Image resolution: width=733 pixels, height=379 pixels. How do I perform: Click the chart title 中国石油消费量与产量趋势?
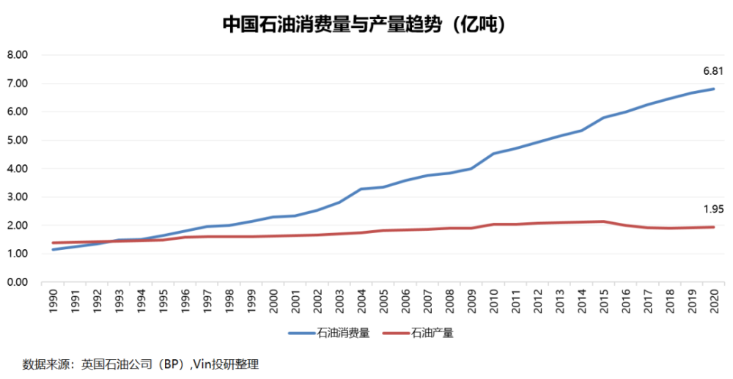(332, 25)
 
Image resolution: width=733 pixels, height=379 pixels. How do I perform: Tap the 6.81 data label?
(713, 71)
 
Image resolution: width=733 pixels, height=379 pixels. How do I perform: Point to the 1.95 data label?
(713, 210)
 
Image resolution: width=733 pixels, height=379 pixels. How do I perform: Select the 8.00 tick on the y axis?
(18, 55)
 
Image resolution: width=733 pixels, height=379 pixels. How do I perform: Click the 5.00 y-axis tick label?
(18, 140)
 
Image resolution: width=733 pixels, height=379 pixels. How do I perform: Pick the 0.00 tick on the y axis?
(18, 282)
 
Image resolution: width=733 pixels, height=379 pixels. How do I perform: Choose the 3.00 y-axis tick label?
(18, 196)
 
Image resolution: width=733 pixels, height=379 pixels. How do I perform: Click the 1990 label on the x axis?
(54, 301)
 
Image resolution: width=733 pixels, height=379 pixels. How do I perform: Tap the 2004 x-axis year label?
(361, 301)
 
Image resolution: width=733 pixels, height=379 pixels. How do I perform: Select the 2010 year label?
(493, 301)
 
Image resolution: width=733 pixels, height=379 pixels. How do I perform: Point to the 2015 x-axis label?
(604, 301)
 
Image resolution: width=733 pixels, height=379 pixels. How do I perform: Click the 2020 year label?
(714, 301)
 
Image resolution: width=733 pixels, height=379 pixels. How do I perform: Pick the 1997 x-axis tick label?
(207, 301)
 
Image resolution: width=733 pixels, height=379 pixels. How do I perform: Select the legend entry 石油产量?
(418, 334)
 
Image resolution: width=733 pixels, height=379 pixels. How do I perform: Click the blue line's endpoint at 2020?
(714, 89)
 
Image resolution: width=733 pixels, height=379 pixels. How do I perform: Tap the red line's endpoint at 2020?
(714, 227)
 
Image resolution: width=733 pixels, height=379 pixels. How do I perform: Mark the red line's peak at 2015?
(604, 221)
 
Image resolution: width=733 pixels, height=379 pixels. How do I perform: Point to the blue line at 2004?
(361, 189)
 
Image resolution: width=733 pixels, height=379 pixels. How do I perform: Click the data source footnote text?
(140, 364)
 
